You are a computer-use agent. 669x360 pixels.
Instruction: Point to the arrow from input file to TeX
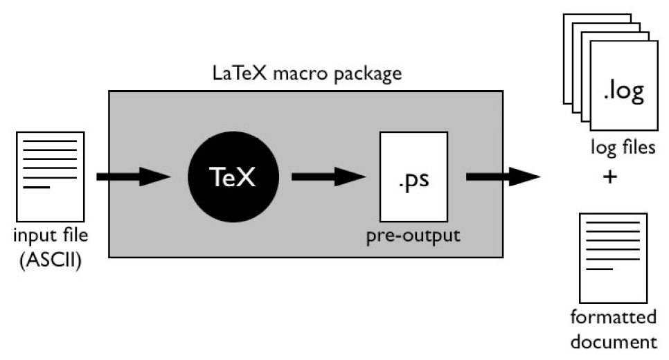click(132, 177)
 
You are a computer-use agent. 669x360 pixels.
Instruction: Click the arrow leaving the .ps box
click(501, 177)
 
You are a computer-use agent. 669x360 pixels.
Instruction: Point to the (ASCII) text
click(51, 262)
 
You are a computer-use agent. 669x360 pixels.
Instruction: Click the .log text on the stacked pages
click(623, 92)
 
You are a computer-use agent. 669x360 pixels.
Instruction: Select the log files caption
click(623, 147)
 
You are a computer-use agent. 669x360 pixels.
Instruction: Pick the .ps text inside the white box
click(413, 183)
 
